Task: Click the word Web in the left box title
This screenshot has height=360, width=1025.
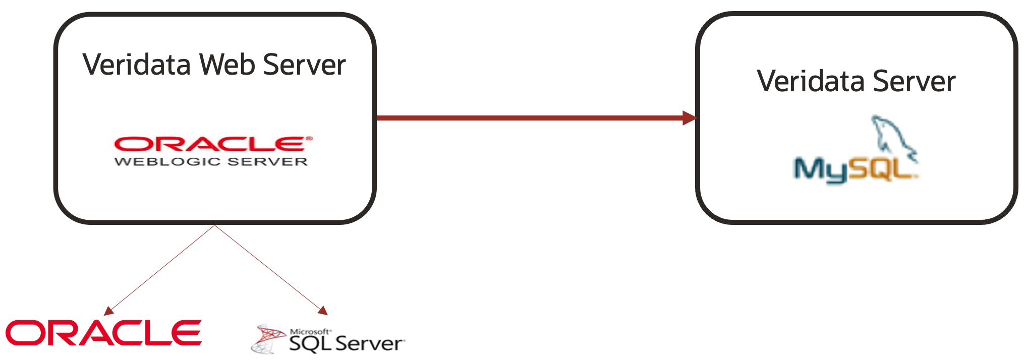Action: pyautogui.click(x=227, y=65)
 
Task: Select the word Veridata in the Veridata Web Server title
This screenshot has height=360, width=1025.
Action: pyautogui.click(x=137, y=65)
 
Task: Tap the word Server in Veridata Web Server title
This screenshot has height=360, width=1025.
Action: pyautogui.click(x=304, y=65)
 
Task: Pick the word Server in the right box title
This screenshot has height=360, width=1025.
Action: pyautogui.click(x=914, y=81)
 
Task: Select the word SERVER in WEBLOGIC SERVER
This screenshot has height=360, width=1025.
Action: pyautogui.click(x=267, y=162)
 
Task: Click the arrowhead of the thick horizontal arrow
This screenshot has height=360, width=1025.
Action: pyautogui.click(x=690, y=118)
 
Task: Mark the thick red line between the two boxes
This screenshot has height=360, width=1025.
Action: pyautogui.click(x=530, y=118)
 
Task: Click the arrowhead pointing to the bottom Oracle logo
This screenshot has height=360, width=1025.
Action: pyautogui.click(x=108, y=311)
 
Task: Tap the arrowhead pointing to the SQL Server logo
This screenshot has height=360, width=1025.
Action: pyautogui.click(x=323, y=311)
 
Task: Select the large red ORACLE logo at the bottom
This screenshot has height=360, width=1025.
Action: pyautogui.click(x=103, y=333)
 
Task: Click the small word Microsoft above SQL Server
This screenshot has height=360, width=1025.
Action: pyautogui.click(x=310, y=331)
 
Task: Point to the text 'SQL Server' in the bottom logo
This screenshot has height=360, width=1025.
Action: pyautogui.click(x=346, y=344)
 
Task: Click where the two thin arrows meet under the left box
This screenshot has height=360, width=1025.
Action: pyautogui.click(x=215, y=225)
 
